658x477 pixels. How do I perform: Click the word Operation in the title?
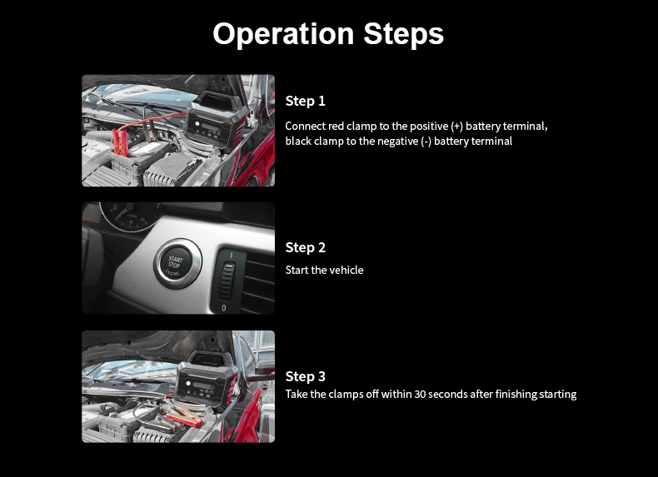tap(283, 33)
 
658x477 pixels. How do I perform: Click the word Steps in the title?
tap(404, 33)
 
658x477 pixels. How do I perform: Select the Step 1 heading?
tap(305, 101)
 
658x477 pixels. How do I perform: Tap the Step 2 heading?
tap(306, 247)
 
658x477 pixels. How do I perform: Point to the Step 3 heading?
tap(306, 376)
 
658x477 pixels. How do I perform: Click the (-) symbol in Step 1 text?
tap(426, 142)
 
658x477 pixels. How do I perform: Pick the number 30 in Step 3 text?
tap(420, 395)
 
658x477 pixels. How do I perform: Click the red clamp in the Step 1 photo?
tap(120, 142)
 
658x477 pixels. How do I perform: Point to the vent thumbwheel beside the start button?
tap(227, 281)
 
